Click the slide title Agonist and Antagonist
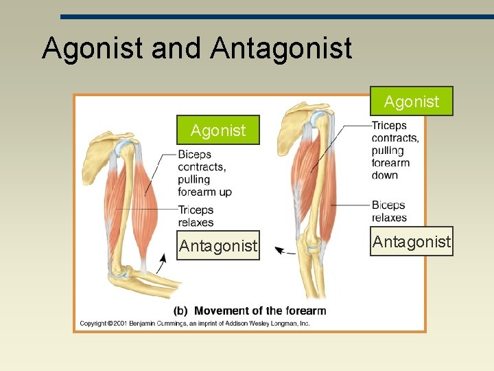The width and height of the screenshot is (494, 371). [197, 48]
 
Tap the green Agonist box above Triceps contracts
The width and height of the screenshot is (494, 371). [412, 102]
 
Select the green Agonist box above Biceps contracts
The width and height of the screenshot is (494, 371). [217, 130]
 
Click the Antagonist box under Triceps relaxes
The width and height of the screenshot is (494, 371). [218, 245]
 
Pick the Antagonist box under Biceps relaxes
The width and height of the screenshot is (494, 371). [412, 241]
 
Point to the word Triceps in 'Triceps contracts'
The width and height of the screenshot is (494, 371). [389, 126]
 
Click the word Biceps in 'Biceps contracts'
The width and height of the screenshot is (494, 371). [194, 155]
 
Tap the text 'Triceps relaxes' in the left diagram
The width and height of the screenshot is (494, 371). [196, 216]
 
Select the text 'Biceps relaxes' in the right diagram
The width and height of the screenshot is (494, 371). [389, 211]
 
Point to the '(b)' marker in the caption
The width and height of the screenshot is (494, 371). [182, 311]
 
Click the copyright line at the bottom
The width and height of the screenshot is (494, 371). [195, 323]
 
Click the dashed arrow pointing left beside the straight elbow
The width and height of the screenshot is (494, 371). [285, 251]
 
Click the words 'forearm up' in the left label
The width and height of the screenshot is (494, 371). [204, 192]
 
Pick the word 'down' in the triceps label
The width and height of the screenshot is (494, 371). [384, 175]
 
